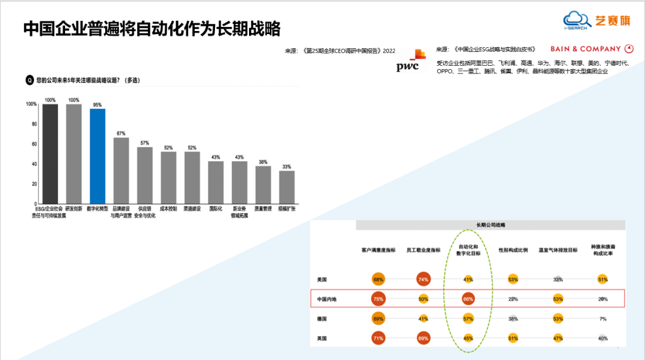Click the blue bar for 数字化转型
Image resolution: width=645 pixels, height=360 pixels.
point(97,156)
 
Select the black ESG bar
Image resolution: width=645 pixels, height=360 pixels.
point(50,154)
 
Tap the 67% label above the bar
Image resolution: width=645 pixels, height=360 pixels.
point(121,133)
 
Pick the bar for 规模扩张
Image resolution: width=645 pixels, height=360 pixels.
point(287,187)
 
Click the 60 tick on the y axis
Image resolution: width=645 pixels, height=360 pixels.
point(34,144)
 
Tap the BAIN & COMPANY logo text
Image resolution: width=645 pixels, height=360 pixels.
point(585,49)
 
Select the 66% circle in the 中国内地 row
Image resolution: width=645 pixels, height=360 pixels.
point(468,299)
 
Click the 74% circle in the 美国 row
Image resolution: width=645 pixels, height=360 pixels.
point(423,279)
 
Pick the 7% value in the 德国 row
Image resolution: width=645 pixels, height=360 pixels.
point(603,319)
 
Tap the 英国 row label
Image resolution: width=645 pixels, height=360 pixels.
point(322,339)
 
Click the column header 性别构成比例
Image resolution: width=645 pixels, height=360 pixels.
point(513,250)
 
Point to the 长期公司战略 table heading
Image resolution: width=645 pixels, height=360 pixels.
point(490,225)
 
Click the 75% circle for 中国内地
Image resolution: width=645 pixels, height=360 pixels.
point(378,299)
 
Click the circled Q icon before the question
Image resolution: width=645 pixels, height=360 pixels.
point(29,80)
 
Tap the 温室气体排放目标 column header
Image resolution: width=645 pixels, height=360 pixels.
point(558,250)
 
